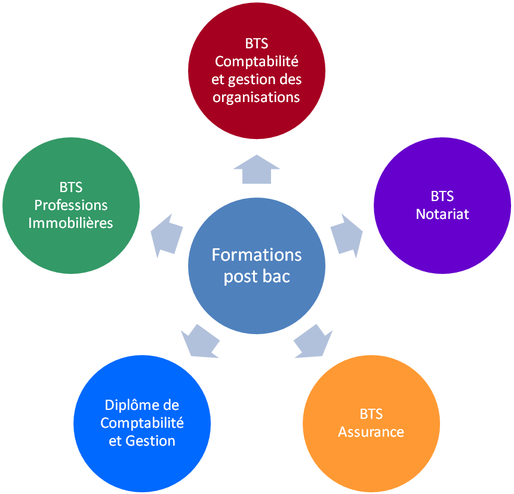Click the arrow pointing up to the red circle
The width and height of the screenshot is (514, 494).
point(257,168)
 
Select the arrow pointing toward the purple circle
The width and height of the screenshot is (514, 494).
point(346,234)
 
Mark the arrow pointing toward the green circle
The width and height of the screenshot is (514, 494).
point(167,234)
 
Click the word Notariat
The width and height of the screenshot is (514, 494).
point(442,214)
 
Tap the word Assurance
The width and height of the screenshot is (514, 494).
point(371,432)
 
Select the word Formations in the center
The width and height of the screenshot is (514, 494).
point(257,255)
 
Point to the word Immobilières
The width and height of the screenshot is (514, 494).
point(71,223)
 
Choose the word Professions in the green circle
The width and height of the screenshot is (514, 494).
point(71,205)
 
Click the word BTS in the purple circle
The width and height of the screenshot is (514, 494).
point(442,196)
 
